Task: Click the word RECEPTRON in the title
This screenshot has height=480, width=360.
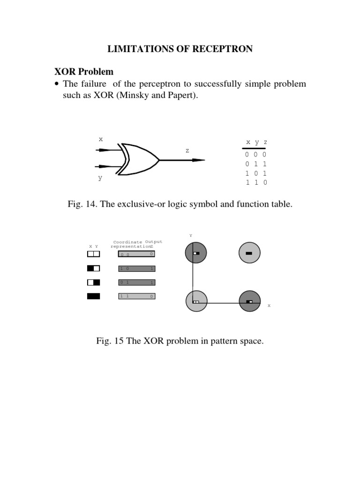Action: (220, 49)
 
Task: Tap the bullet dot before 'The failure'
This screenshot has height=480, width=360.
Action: (58, 84)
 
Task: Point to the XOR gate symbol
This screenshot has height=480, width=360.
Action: (137, 159)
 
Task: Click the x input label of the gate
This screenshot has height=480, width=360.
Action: (100, 139)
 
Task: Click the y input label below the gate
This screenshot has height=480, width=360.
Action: (100, 178)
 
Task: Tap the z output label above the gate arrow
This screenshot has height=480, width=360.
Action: (187, 150)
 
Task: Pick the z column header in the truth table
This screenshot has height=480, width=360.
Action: (265, 142)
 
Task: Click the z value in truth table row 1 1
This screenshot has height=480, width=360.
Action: (265, 182)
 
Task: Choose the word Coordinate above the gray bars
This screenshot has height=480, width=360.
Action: (127, 242)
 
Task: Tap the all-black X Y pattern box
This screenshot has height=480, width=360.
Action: (93, 296)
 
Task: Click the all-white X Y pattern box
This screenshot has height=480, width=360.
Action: (93, 254)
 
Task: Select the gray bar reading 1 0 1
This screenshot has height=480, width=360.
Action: (136, 269)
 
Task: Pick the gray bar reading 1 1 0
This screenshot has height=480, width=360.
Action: (136, 296)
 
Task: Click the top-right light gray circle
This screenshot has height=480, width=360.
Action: (249, 253)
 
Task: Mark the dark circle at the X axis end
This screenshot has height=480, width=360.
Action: (249, 301)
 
